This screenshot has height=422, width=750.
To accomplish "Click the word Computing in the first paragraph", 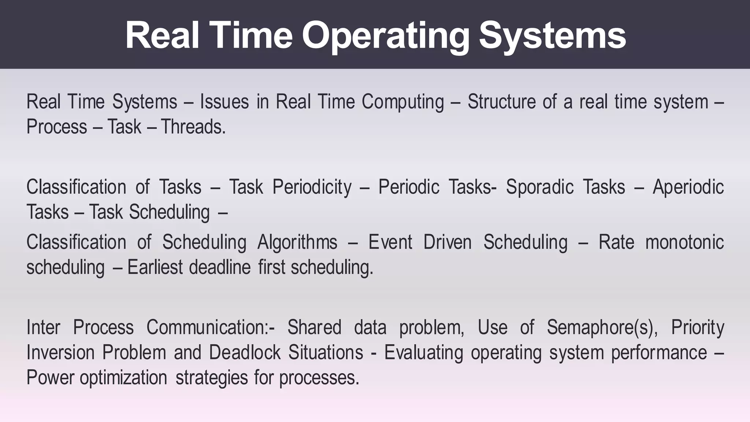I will (403, 102).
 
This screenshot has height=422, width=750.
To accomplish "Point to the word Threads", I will (193, 127).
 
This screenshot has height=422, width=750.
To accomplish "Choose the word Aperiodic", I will (688, 187).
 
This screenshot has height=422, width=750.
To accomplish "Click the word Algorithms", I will (297, 242).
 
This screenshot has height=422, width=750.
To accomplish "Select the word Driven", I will (447, 242).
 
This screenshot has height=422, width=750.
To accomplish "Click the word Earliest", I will (155, 267).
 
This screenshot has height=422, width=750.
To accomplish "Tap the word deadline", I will (220, 267).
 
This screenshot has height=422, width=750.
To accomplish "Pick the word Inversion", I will (60, 352).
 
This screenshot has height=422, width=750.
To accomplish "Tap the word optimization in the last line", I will (123, 378).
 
